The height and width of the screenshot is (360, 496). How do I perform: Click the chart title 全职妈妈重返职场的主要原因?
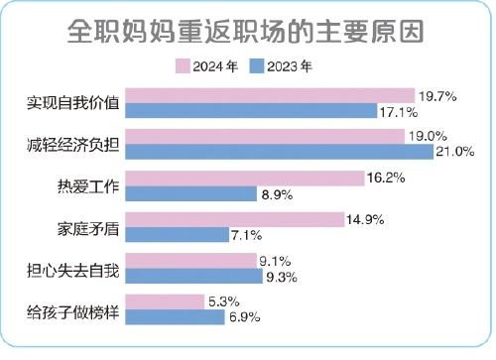[x=247, y=31]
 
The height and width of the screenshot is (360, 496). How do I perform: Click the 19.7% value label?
[x=436, y=96]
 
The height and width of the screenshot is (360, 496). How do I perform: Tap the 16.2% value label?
[x=387, y=179]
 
